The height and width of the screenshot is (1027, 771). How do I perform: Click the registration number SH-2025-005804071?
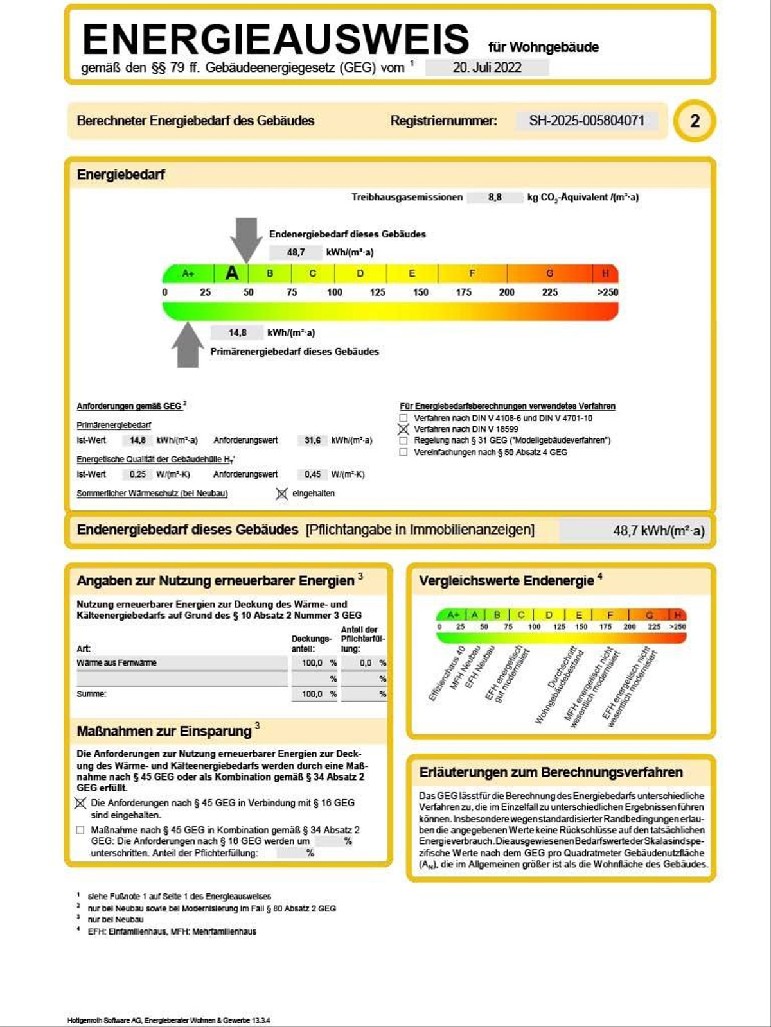pyautogui.click(x=587, y=121)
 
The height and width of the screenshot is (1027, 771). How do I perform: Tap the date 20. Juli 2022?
pyautogui.click(x=487, y=67)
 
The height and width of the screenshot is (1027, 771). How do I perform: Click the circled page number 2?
pyautogui.click(x=695, y=121)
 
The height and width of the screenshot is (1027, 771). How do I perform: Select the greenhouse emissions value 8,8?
pyautogui.click(x=495, y=198)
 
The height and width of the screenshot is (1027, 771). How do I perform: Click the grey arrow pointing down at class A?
pyautogui.click(x=246, y=239)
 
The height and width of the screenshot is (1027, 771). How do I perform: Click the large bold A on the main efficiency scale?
pyautogui.click(x=232, y=273)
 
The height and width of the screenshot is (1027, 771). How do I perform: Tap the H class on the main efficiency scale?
pyautogui.click(x=605, y=273)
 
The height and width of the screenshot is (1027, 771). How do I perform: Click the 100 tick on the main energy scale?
pyautogui.click(x=335, y=292)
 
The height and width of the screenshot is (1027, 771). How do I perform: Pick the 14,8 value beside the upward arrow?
pyautogui.click(x=237, y=332)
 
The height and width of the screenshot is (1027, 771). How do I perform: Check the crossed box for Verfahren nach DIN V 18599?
pyautogui.click(x=403, y=429)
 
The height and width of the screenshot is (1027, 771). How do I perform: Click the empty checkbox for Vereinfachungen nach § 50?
pyautogui.click(x=403, y=453)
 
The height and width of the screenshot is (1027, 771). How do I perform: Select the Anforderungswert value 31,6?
pyautogui.click(x=312, y=440)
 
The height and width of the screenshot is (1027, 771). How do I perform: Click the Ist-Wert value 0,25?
pyautogui.click(x=137, y=474)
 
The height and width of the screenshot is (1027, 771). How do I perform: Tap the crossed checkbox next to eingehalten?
pyautogui.click(x=281, y=494)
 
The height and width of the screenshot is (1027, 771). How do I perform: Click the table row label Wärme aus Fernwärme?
pyautogui.click(x=116, y=662)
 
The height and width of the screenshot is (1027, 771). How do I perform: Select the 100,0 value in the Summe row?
pyautogui.click(x=312, y=694)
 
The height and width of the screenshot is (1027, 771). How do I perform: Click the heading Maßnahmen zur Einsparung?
pyautogui.click(x=164, y=731)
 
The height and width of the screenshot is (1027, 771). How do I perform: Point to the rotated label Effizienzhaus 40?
pyautogui.click(x=447, y=673)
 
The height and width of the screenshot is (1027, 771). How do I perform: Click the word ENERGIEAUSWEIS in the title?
pyautogui.click(x=276, y=39)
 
